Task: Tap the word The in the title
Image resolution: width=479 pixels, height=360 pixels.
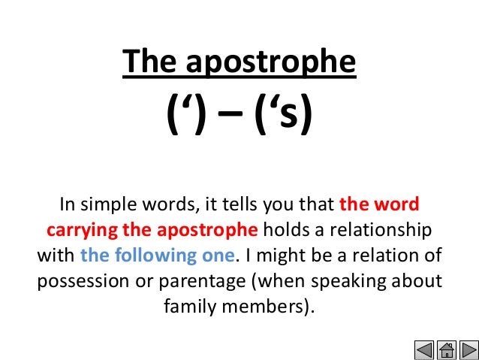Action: tap(150, 62)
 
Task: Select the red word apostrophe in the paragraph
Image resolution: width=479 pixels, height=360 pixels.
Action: tap(211, 230)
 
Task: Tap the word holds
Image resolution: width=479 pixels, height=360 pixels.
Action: tap(285, 229)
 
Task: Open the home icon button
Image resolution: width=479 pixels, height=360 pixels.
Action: tap(447, 349)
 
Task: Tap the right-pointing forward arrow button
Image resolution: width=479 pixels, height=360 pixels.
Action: tap(468, 349)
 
